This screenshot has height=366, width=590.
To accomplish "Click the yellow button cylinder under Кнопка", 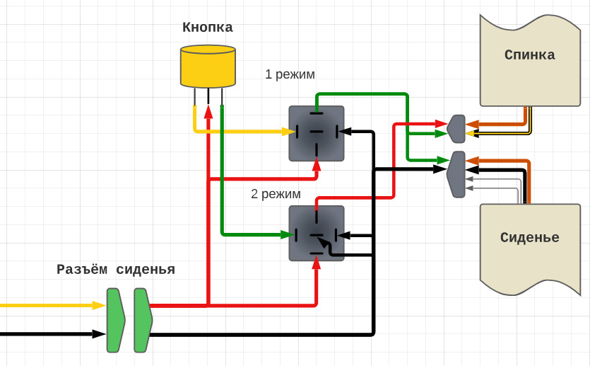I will [x=208, y=67].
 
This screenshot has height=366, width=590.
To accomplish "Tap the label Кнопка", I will [x=208, y=28].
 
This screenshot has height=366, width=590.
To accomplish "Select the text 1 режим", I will [x=290, y=74].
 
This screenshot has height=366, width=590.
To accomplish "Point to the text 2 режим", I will [x=276, y=193].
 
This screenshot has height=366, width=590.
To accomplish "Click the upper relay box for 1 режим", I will [x=317, y=133].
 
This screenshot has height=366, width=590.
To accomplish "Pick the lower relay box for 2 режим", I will [x=317, y=233].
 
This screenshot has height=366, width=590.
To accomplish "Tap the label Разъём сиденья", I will [x=116, y=270].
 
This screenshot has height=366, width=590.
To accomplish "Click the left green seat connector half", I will [x=115, y=320].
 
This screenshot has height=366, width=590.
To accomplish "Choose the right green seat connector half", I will [x=143, y=320].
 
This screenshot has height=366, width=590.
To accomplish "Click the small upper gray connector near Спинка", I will [x=456, y=129].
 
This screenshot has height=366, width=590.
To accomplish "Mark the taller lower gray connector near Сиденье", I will [x=457, y=174].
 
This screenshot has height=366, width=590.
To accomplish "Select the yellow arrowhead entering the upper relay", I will [x=288, y=132].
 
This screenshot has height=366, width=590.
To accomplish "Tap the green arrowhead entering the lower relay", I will [x=287, y=234].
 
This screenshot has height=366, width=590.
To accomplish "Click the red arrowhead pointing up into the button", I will [x=208, y=112].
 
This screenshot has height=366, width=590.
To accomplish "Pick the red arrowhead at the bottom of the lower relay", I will [x=317, y=263].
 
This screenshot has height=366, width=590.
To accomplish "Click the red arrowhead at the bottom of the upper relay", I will [x=317, y=164].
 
